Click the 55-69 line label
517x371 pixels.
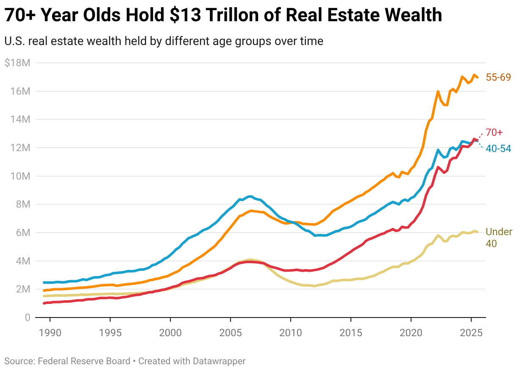pyautogui.click(x=498, y=77)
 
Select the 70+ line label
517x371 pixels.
pyautogui.click(x=494, y=132)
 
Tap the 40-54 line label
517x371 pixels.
pyautogui.click(x=498, y=149)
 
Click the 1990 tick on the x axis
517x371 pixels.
pyautogui.click(x=50, y=331)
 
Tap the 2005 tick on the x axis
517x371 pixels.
pyautogui.click(x=231, y=331)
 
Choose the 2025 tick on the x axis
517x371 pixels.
pyautogui.click(x=471, y=331)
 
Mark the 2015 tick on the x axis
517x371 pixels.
pyautogui.click(x=351, y=331)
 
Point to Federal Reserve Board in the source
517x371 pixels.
pyautogui.click(x=84, y=361)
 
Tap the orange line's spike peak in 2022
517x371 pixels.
pyautogui.click(x=438, y=91)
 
